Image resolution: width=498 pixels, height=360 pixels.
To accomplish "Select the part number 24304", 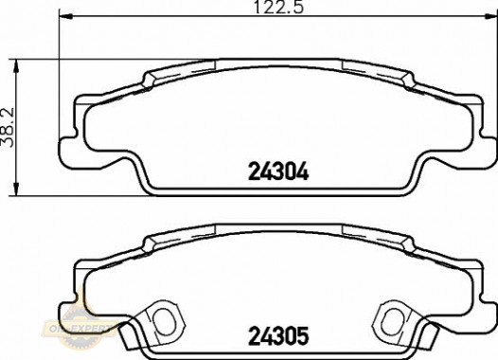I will point(279,173).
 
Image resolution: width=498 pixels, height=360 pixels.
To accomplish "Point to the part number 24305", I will point(279,335).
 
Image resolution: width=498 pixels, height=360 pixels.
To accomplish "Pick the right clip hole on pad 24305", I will point(390,316).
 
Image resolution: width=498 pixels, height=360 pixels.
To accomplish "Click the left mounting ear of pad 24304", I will point(72,132).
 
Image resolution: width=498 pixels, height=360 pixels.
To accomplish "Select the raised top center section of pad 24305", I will point(277,228).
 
